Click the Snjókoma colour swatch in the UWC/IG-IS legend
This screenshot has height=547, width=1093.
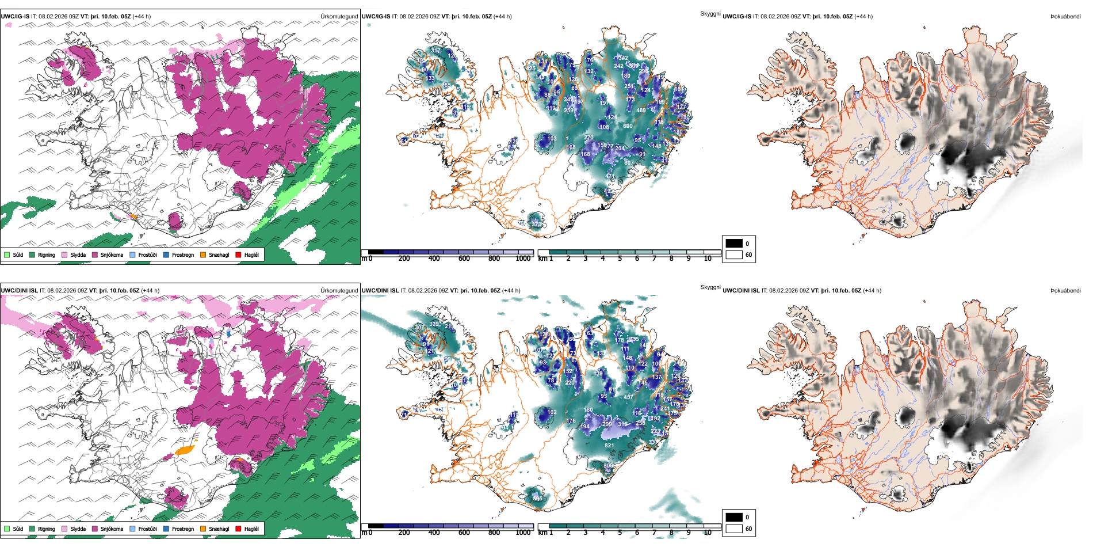(95, 254)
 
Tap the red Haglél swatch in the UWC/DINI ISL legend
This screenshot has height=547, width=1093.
(238, 529)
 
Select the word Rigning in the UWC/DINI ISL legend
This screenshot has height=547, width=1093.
(47, 529)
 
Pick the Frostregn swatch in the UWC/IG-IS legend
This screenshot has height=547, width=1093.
(166, 254)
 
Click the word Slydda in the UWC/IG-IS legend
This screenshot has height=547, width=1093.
(78, 254)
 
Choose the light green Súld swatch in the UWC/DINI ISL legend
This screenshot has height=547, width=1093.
(7, 529)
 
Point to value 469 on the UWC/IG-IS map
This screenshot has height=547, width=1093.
(641, 111)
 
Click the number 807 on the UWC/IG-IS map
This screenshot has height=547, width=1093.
(629, 162)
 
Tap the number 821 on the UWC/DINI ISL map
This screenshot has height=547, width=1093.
(609, 445)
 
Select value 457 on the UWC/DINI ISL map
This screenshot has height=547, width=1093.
(628, 397)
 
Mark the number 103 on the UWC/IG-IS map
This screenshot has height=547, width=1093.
(552, 138)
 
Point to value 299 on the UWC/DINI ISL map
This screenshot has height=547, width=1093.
(607, 424)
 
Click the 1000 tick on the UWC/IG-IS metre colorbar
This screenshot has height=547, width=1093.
(523, 259)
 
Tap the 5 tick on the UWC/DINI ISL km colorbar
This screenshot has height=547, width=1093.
(620, 533)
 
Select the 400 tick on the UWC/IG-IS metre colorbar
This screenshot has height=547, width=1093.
(434, 259)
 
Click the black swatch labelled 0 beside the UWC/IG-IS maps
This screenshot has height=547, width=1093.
(734, 244)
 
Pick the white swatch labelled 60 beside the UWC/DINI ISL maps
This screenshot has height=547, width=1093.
(734, 528)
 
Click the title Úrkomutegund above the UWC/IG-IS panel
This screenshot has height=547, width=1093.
(339, 16)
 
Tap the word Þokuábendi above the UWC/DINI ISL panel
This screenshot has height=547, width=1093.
(1065, 290)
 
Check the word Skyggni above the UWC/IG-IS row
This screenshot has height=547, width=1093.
(710, 13)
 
